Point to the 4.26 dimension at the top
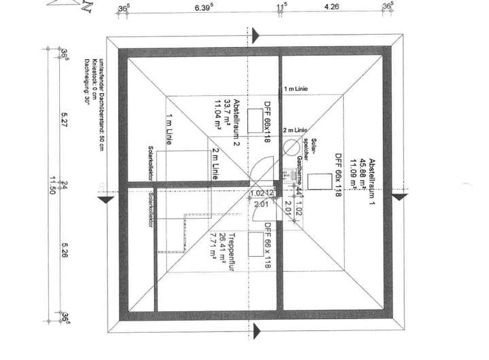(333, 8)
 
